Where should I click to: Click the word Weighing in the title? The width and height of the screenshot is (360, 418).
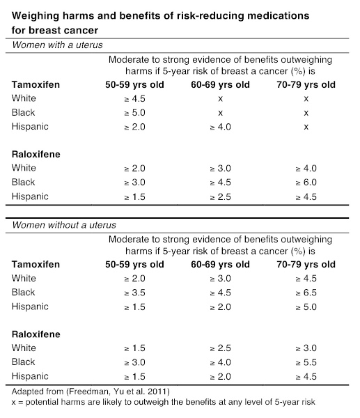tap(36, 16)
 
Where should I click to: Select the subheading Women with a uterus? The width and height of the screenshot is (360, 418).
tap(57, 45)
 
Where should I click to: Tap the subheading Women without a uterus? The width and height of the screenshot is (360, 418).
tap(64, 225)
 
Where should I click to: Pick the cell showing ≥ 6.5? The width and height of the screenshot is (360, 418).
tap(306, 293)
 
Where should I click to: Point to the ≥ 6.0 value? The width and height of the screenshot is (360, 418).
tap(306, 183)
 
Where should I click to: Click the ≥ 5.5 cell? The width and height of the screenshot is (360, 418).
tap(306, 362)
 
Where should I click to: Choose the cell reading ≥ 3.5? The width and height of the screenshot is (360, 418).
tap(134, 293)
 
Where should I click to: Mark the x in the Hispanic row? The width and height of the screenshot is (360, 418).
tap(306, 127)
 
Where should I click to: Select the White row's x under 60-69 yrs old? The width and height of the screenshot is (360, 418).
tap(220, 99)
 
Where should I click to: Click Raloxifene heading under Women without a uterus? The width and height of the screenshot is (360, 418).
tap(36, 334)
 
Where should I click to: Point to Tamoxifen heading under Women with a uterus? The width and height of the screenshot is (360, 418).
tap(36, 84)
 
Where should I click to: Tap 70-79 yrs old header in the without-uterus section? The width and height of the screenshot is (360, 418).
tap(306, 264)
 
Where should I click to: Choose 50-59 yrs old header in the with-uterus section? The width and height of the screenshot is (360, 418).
tap(134, 84)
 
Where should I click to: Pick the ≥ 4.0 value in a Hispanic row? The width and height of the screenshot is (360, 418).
tap(220, 127)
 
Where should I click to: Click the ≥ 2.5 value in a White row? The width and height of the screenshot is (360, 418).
tap(220, 348)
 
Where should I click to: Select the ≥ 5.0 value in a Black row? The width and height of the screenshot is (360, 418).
tap(134, 113)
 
